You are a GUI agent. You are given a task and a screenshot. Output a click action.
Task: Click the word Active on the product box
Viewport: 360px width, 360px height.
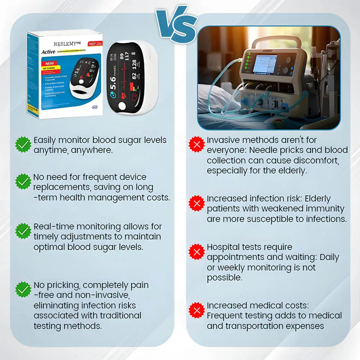pos(48,52)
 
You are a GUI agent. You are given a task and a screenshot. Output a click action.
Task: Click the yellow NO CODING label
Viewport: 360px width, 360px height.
pos(50,68)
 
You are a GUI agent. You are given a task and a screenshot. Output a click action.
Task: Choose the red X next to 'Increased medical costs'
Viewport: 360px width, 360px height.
pos(197,310)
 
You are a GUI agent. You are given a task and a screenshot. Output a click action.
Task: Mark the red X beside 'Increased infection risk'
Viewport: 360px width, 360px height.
pos(197,203)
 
